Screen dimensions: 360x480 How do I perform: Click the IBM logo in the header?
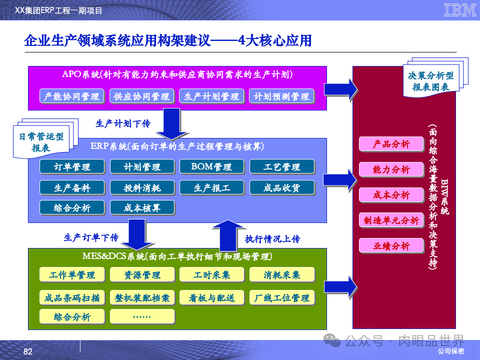pyautogui.click(x=459, y=10)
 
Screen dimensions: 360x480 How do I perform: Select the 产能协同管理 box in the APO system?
pyautogui.click(x=71, y=96)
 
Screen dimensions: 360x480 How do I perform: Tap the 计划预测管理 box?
pyautogui.click(x=281, y=96)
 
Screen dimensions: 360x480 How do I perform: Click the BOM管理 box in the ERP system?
pyautogui.click(x=211, y=166)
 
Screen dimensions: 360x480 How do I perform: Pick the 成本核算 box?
pyautogui.click(x=142, y=207)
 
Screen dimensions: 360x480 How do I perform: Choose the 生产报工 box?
pyautogui.click(x=211, y=187)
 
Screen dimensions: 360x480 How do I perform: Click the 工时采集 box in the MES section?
pyautogui.click(x=211, y=274)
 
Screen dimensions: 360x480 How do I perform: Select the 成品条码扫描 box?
pyautogui.click(x=71, y=298)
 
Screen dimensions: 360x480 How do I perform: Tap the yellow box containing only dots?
pyautogui.click(x=142, y=316)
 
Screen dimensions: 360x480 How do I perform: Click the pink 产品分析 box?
pyautogui.click(x=391, y=144)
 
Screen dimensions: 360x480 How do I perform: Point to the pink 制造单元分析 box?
pyautogui.click(x=391, y=220)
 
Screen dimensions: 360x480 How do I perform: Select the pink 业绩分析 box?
pyautogui.click(x=391, y=245)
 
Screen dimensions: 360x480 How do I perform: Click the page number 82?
pyautogui.click(x=28, y=352)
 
